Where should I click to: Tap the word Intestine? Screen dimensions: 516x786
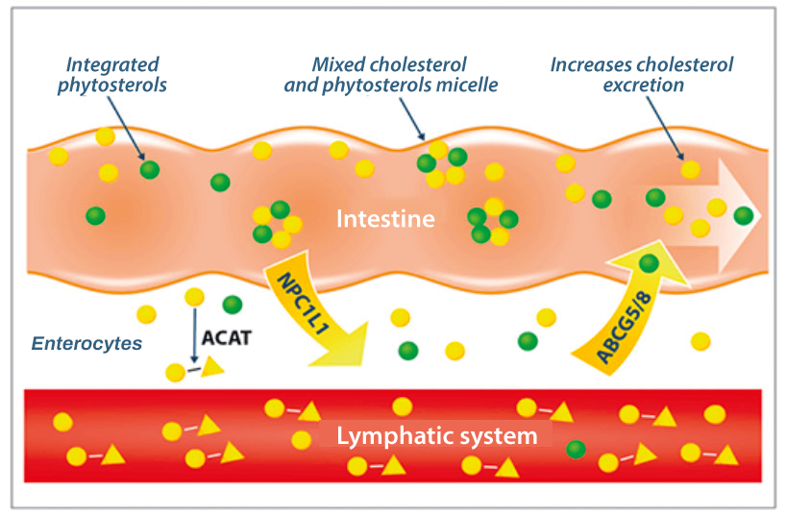[x=385, y=219]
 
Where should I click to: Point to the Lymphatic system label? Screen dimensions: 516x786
[x=436, y=437]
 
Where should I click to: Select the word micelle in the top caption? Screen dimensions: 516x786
[x=464, y=85]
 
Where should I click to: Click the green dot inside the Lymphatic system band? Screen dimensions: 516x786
[x=577, y=448]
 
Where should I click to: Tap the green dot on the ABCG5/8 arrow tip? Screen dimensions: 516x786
[x=650, y=262]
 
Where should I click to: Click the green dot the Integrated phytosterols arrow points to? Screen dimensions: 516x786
[x=149, y=170]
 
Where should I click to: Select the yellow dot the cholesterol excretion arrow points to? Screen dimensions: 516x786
[x=690, y=170]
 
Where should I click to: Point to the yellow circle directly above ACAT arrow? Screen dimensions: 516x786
[x=194, y=297]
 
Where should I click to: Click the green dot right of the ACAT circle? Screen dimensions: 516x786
[x=232, y=305]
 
